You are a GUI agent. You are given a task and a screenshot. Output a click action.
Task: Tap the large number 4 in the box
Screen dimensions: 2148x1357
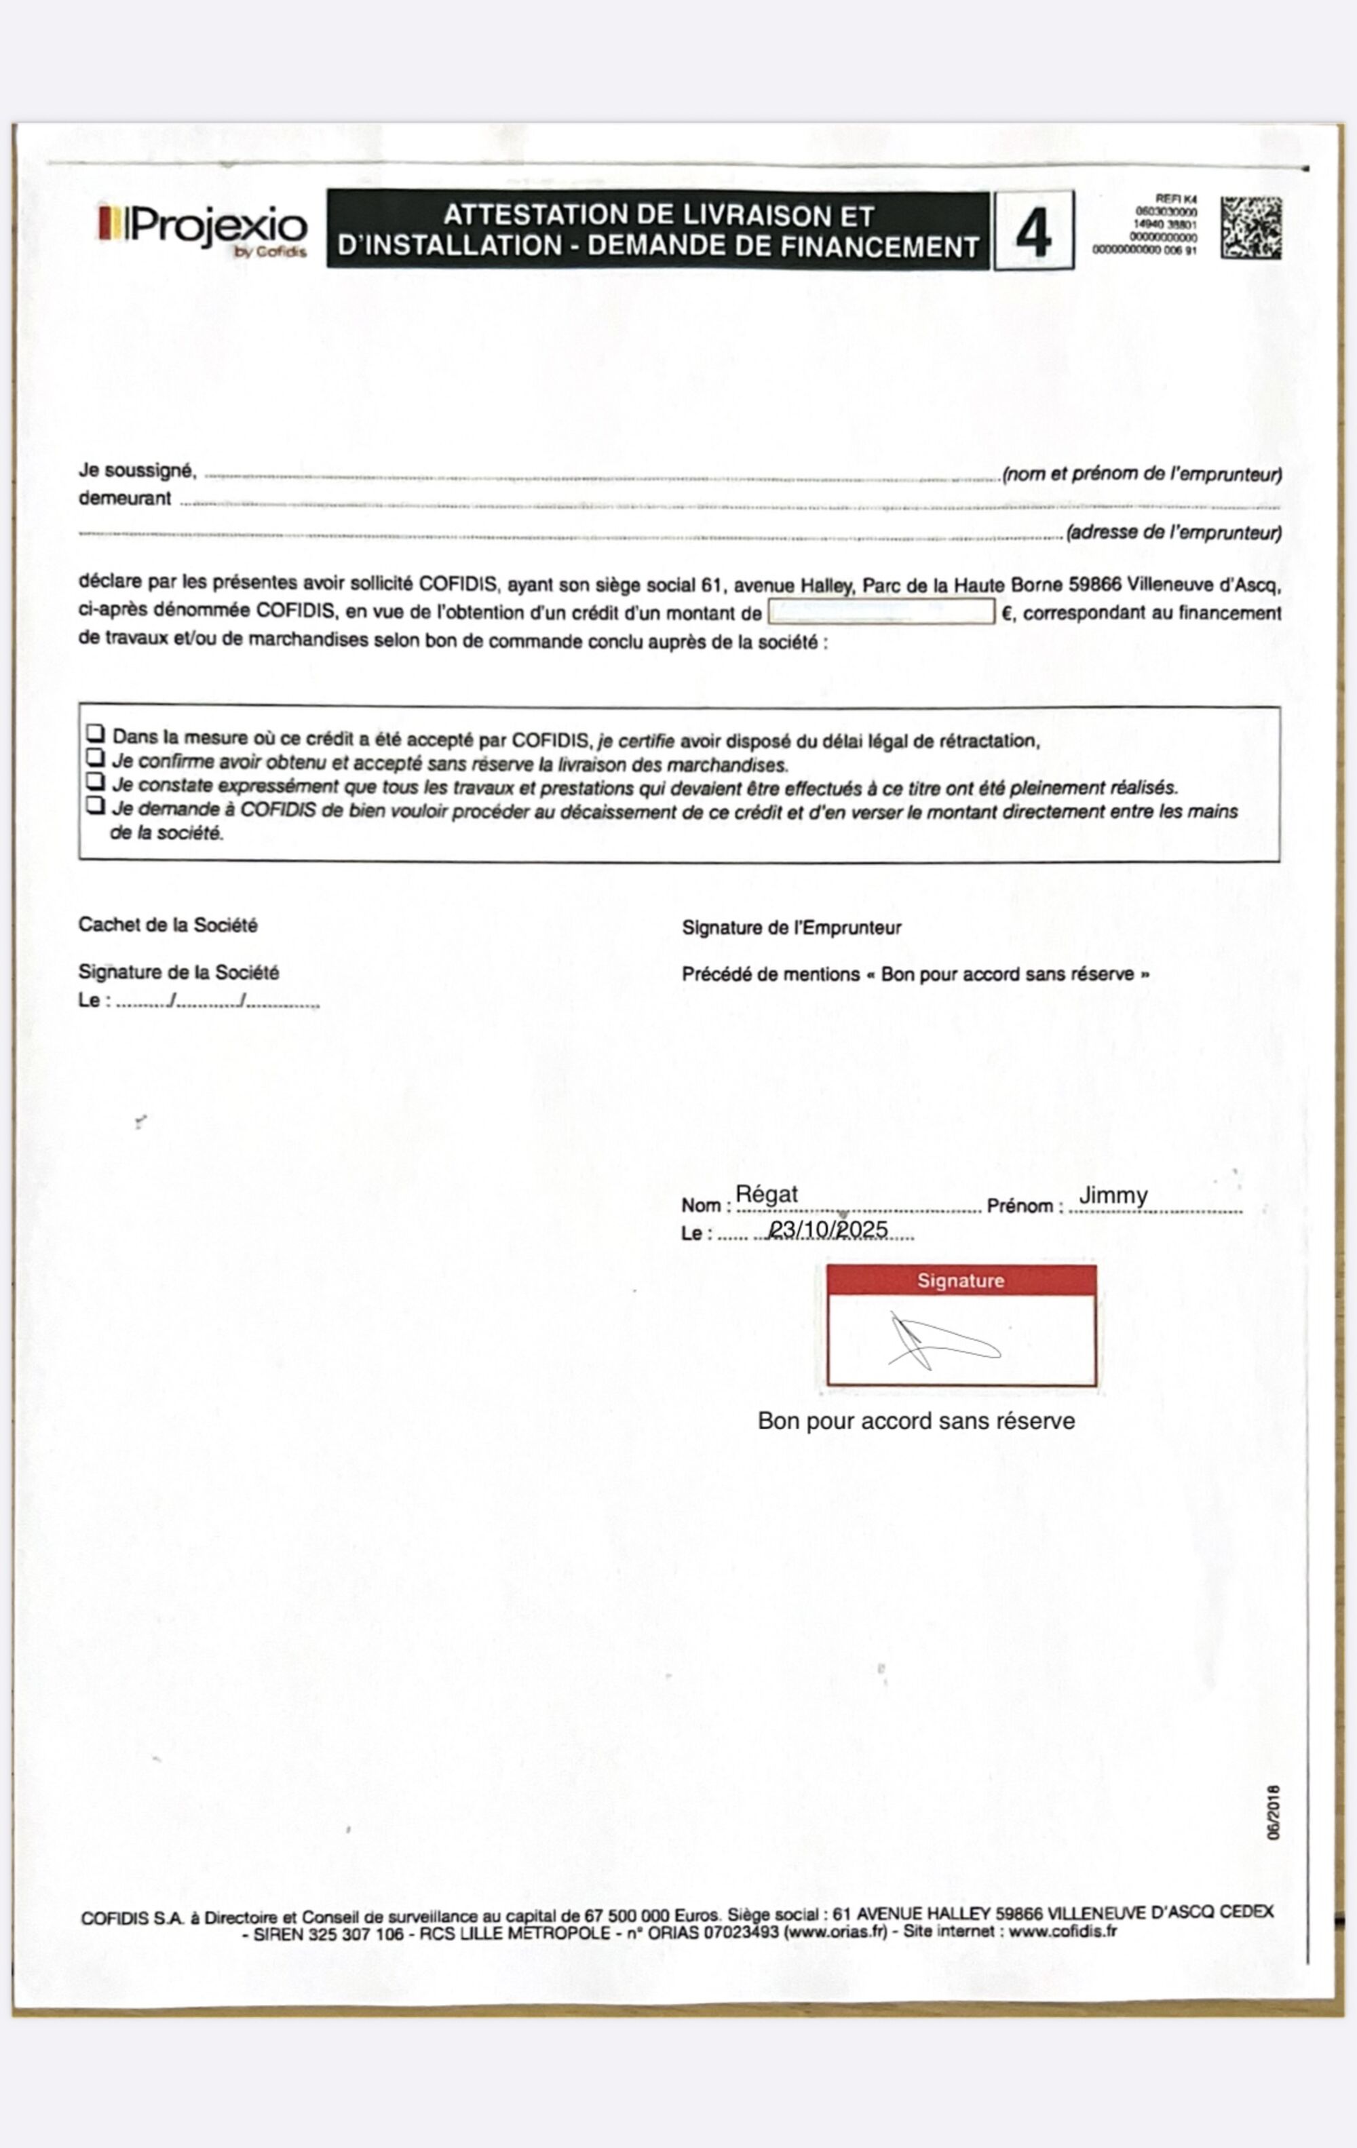[x=1033, y=231]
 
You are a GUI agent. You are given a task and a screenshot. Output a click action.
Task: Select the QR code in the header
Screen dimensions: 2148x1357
[x=1251, y=229]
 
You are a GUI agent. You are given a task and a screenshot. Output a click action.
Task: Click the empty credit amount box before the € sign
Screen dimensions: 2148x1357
[x=881, y=612]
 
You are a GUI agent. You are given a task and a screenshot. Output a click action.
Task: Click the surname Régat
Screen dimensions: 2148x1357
[x=767, y=1194]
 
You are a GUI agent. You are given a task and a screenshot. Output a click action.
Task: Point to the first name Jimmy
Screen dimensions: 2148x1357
[x=1113, y=1195]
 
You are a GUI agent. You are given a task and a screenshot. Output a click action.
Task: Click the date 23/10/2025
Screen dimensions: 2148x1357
[x=829, y=1230]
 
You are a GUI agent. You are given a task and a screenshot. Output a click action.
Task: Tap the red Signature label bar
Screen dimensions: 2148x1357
[x=961, y=1281]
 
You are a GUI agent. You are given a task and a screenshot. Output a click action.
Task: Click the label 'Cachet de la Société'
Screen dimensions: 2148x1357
[x=168, y=925]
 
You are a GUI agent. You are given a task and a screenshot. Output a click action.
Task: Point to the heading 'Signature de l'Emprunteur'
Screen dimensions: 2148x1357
[x=791, y=927]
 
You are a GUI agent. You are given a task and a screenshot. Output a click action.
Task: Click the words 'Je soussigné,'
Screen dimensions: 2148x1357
[x=137, y=470]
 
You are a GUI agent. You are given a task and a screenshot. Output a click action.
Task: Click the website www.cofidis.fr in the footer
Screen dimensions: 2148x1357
[x=1063, y=1932]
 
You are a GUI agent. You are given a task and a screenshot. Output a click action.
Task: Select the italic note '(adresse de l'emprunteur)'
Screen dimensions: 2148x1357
[x=1174, y=533]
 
